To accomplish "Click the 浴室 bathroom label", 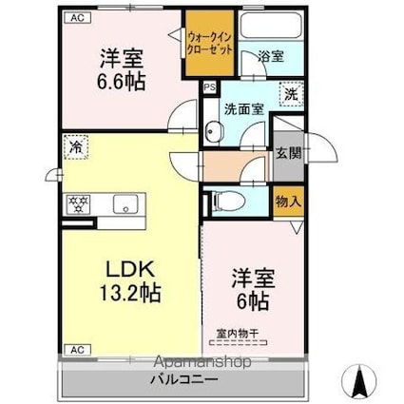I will point(269,56).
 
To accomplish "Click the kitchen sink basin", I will point(124,203).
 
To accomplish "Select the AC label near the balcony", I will point(76,350).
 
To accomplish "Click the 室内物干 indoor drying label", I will point(237,334).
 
